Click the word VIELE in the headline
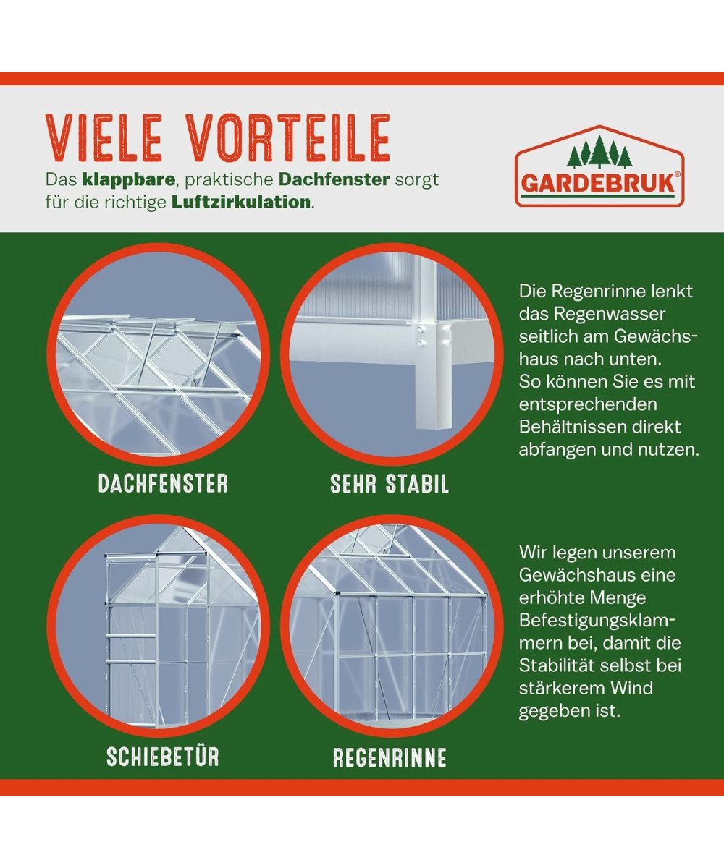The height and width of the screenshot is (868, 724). point(104,137)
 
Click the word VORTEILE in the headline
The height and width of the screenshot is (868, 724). point(287,137)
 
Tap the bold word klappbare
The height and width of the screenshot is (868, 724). point(129,180)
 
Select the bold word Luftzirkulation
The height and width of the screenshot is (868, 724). point(241,203)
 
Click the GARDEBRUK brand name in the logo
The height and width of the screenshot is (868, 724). point(598,184)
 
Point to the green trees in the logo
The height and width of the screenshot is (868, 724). point(599,152)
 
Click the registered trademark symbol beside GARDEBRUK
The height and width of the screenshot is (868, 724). point(678,175)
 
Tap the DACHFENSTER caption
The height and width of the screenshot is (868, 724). point(163,483)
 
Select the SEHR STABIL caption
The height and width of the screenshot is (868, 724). point(390,483)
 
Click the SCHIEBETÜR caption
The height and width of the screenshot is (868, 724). point(163,757)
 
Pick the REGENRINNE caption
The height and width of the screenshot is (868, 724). point(390,757)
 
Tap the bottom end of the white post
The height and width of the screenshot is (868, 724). point(433,427)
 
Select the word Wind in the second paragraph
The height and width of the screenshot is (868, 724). point(631,688)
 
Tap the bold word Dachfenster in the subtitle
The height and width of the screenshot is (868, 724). point(334,180)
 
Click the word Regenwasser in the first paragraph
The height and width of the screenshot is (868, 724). point(610,314)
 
